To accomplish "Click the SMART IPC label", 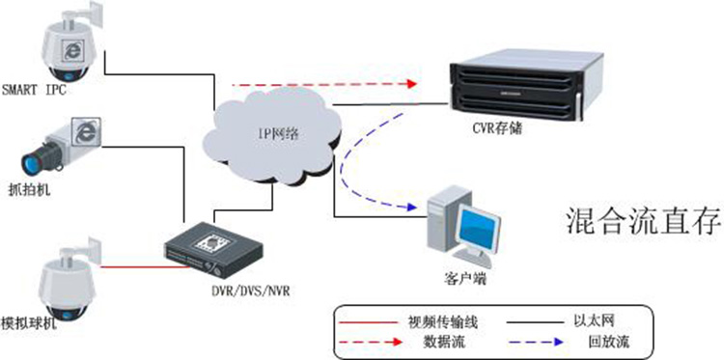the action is pos(34,90).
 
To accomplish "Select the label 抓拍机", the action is pos(30,190).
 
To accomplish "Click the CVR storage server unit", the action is pos(525,84).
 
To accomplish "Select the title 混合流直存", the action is pos(644,222).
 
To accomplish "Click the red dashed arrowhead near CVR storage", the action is pos(410,84).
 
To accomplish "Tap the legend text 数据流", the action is pos(444,342).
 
